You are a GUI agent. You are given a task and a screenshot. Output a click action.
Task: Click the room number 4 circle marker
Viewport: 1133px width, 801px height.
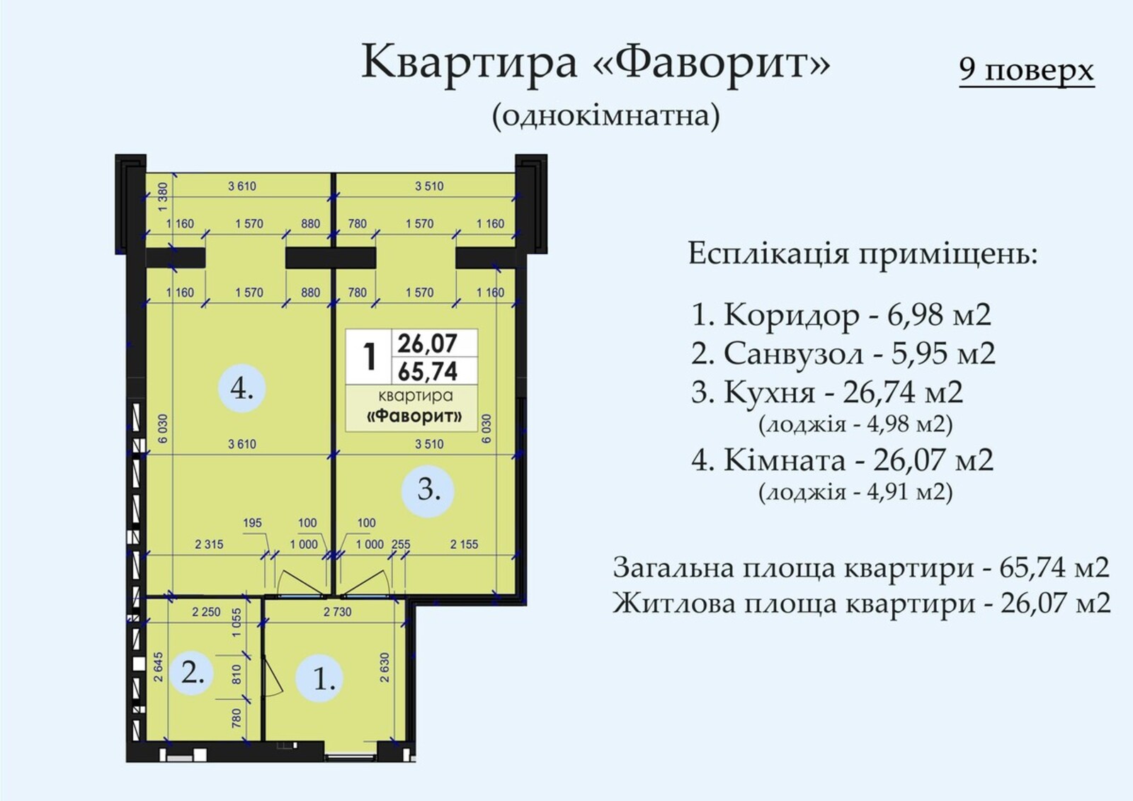pos(241,389)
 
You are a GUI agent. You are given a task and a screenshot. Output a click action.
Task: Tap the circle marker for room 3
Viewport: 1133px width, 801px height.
pos(428,491)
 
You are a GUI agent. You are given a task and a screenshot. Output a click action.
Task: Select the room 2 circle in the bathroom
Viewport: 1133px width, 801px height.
pos(192,674)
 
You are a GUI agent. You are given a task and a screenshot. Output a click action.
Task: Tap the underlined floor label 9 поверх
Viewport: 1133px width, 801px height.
pos(1027,71)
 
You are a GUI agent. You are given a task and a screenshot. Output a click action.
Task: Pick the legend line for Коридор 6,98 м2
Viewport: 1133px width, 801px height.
pos(841,314)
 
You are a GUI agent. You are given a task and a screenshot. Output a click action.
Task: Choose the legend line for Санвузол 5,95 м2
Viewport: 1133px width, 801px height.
pos(843,353)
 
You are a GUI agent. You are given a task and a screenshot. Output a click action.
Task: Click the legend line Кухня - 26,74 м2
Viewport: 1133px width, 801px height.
pos(827,392)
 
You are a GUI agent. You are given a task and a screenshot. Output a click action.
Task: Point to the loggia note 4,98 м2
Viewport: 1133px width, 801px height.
pos(855,424)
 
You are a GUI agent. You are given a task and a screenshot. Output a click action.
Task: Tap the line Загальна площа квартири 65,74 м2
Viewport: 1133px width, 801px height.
pos(861,568)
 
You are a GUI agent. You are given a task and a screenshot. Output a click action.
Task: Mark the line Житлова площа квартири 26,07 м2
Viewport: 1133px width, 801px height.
pos(861,603)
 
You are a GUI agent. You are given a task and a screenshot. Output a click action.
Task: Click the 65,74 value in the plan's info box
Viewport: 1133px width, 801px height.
pos(428,372)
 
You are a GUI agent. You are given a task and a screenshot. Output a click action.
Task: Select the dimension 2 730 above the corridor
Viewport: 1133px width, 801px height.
pos(337,612)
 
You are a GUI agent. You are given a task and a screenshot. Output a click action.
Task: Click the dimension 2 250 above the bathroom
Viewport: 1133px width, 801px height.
pos(206,612)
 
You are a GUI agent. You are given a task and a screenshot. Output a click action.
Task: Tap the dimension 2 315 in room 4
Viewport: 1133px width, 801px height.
pos(209,545)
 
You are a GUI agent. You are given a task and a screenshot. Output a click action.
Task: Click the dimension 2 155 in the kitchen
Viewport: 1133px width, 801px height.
pos(464,545)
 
